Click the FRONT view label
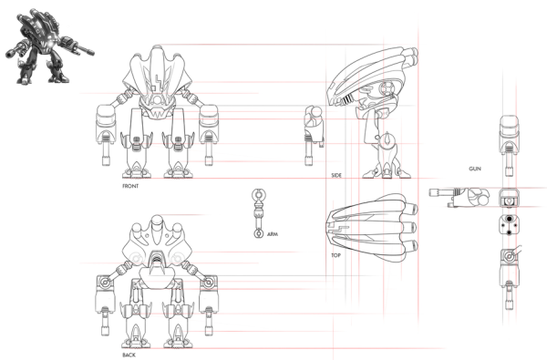(130, 186)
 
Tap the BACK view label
(129, 355)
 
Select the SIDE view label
(336, 176)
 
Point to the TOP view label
(335, 255)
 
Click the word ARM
(273, 234)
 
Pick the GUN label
(475, 169)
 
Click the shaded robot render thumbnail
(49, 46)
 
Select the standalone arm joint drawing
(259, 213)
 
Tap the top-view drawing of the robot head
(372, 228)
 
